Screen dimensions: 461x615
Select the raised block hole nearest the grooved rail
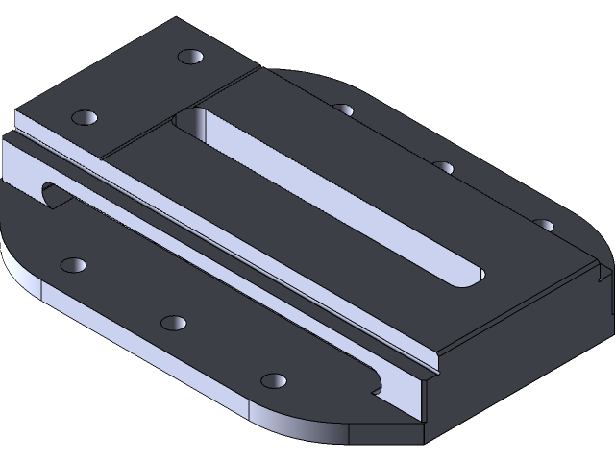pyautogui.click(x=86, y=117)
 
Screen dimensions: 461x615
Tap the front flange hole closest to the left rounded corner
pyautogui.click(x=73, y=264)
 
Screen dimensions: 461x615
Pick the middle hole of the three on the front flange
pyautogui.click(x=173, y=322)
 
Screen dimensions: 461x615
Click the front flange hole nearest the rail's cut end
pyautogui.click(x=274, y=380)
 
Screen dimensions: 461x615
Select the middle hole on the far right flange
pyautogui.click(x=443, y=167)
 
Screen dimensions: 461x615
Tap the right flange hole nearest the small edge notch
pyautogui.click(x=544, y=225)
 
